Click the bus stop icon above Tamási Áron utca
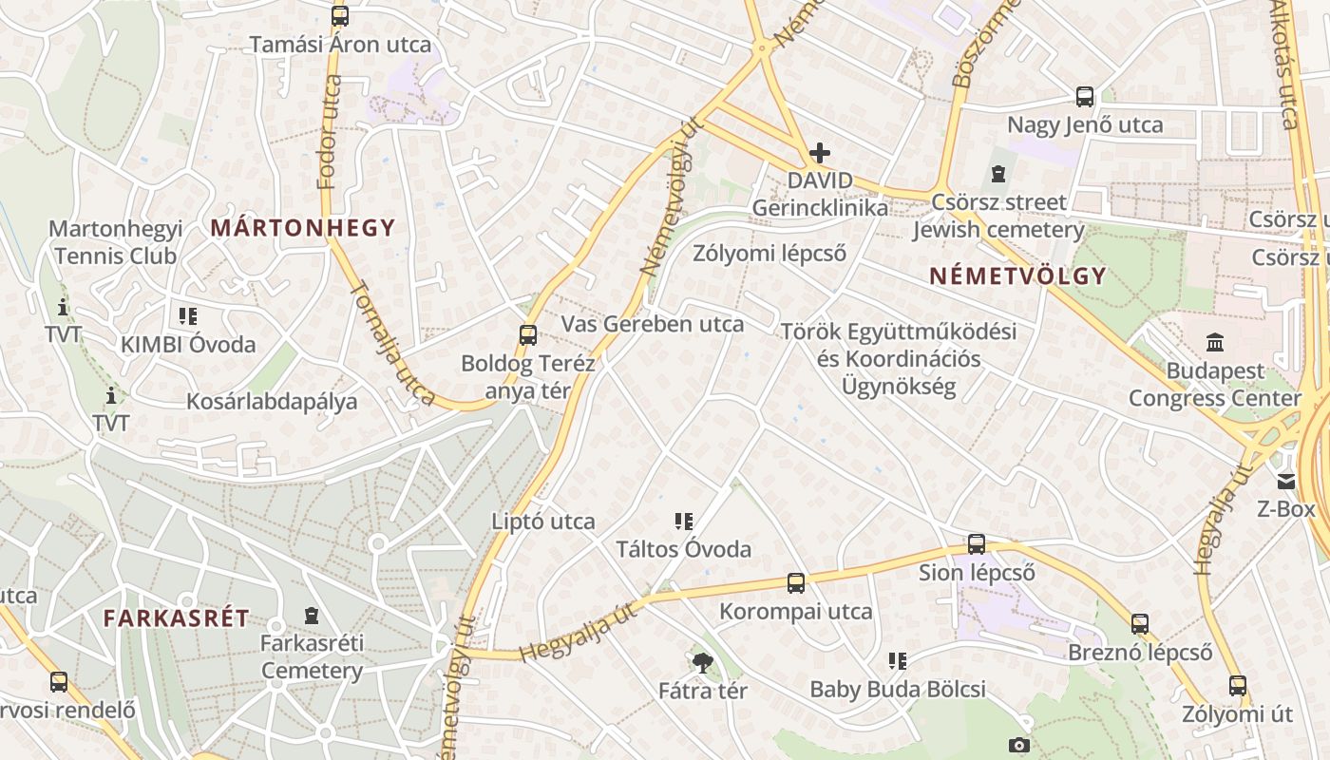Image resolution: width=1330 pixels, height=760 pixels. [x=340, y=16]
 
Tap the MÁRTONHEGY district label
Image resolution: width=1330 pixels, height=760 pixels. [x=303, y=228]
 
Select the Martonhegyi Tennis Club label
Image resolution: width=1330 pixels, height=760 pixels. [x=115, y=242]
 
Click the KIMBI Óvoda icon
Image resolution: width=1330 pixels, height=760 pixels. [x=187, y=315]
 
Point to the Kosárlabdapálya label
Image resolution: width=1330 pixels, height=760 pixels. [x=272, y=401]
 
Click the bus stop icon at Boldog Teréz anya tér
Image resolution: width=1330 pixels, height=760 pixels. [x=528, y=334]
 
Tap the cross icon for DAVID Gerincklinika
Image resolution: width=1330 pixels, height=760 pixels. [x=820, y=153]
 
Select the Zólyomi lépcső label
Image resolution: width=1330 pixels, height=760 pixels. [x=769, y=253]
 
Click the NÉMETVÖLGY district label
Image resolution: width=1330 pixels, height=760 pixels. [x=1017, y=276]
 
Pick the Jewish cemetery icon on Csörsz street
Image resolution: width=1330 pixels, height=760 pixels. [x=998, y=174]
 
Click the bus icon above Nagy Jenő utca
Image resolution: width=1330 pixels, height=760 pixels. [x=1085, y=96]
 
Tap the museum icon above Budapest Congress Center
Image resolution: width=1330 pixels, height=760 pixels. [x=1215, y=342]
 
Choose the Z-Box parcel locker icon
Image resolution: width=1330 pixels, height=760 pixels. [x=1286, y=482]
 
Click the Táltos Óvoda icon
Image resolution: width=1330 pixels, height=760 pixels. [x=683, y=521]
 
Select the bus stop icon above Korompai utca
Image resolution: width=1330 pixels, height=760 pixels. [x=796, y=582]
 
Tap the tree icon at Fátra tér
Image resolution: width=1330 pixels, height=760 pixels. [x=703, y=662]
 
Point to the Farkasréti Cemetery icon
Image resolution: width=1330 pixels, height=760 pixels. [x=311, y=616]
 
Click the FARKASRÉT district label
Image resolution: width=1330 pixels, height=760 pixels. [x=177, y=618]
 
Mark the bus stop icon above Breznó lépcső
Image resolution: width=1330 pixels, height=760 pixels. [x=1140, y=624]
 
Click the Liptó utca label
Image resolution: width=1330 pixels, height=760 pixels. [x=543, y=521]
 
